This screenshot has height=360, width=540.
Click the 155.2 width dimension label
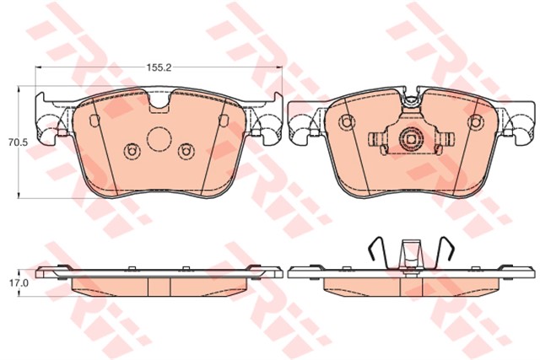[x=159, y=67]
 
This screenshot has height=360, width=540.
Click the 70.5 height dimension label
[x=14, y=142]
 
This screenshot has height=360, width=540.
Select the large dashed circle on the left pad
[x=159, y=139]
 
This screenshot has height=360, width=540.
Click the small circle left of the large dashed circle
[x=132, y=151]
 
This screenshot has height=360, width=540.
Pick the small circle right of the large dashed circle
[x=186, y=151]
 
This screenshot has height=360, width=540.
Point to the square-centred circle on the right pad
[x=411, y=139]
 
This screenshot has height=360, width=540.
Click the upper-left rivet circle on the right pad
[x=346, y=122]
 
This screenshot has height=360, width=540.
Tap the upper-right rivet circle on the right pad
[x=476, y=122]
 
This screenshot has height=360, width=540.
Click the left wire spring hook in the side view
[x=379, y=253]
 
